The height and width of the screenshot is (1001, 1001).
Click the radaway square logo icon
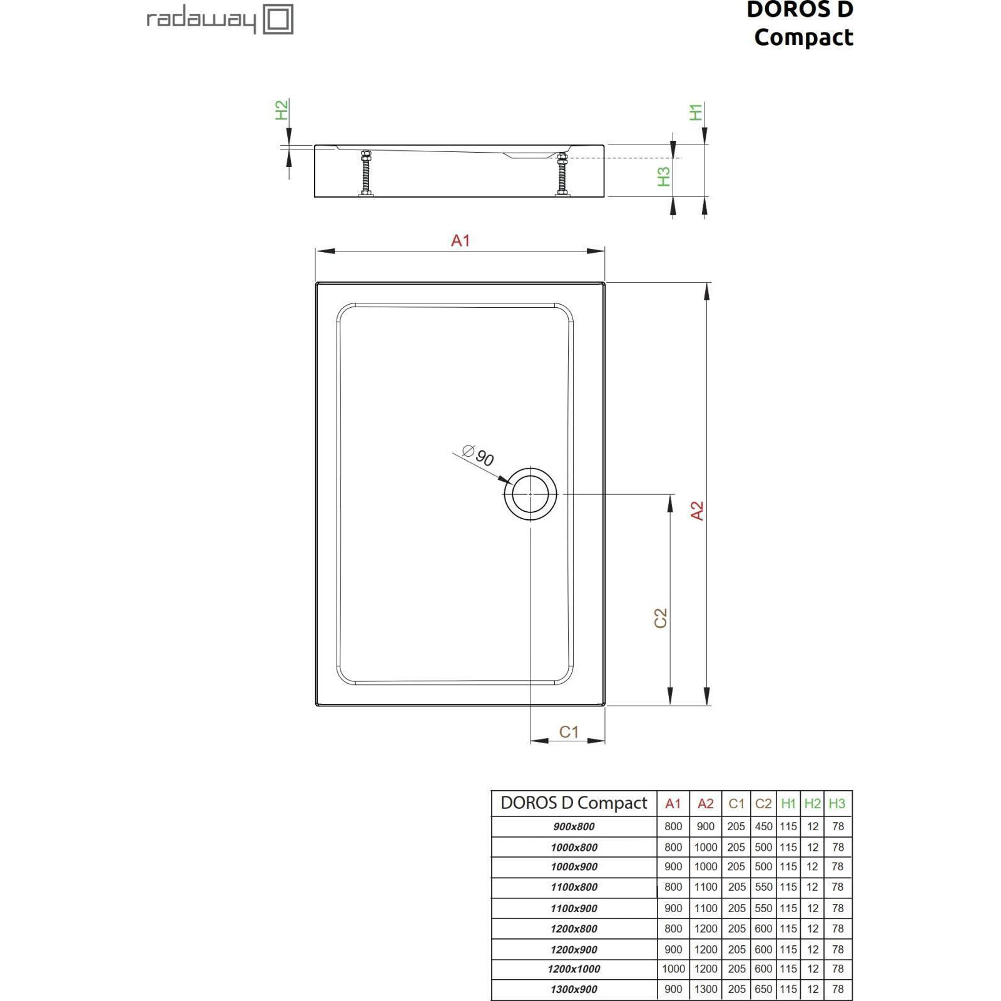[x=278, y=19]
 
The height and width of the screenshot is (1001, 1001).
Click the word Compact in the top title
[x=803, y=38]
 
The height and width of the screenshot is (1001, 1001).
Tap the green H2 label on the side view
[x=282, y=110]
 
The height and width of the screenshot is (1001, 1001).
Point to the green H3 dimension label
[x=664, y=176]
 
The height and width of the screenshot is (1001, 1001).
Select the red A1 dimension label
[x=460, y=240]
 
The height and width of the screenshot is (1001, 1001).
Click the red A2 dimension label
[x=697, y=511]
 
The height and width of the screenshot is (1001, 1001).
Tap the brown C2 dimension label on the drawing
[x=661, y=618]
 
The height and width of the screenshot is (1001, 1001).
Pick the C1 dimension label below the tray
[x=569, y=731]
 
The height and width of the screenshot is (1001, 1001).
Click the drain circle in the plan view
[x=531, y=494]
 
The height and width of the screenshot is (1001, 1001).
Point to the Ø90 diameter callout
[x=479, y=455]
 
